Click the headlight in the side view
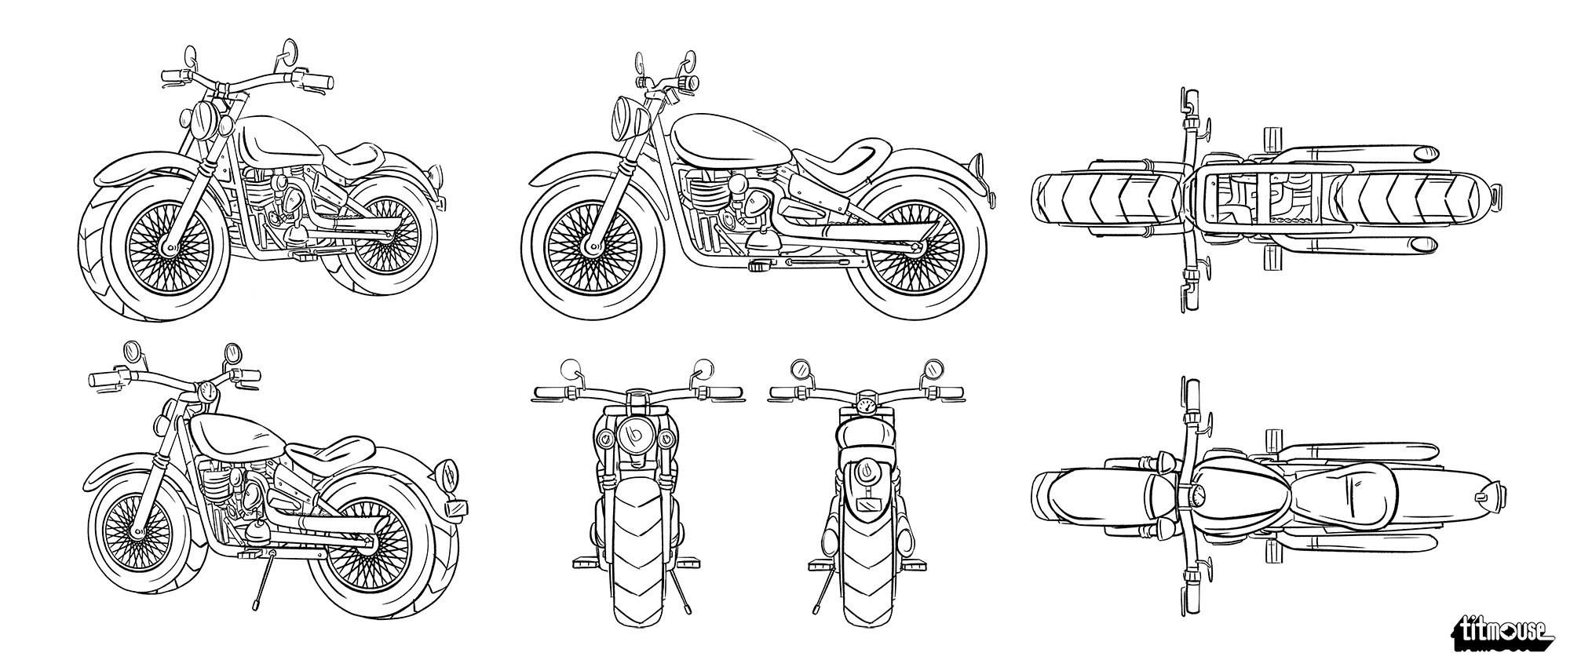click(629, 116)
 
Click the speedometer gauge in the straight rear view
click(867, 407)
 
